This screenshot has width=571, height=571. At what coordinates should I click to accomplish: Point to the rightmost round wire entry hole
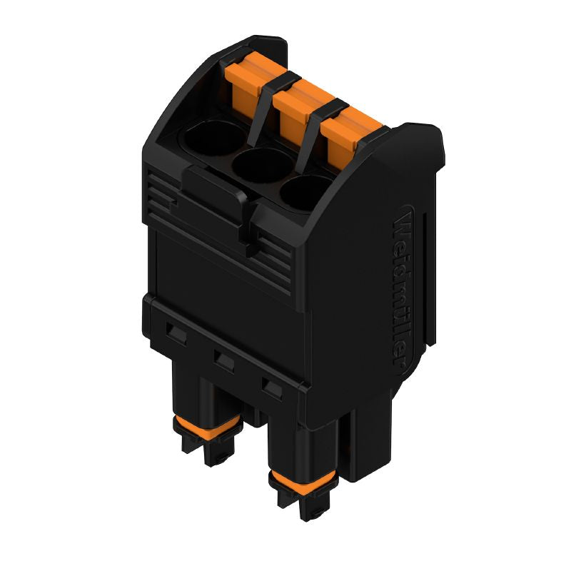[x=306, y=191]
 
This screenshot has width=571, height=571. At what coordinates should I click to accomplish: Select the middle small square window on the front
[x=224, y=360]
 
